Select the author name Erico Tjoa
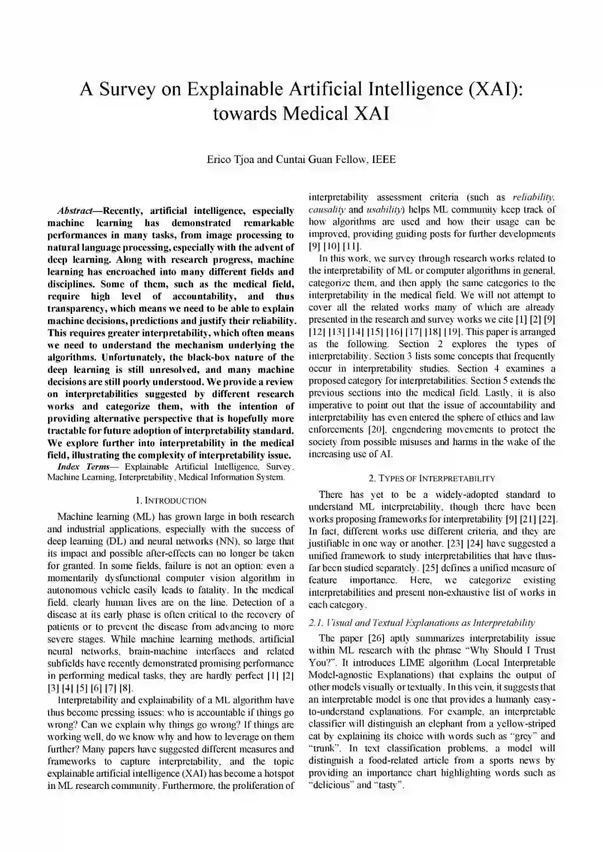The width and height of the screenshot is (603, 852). tap(231, 160)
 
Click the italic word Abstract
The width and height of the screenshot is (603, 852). tap(77, 211)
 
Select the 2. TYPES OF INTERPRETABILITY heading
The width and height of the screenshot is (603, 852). tap(432, 478)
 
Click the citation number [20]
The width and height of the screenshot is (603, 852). tap(377, 429)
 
